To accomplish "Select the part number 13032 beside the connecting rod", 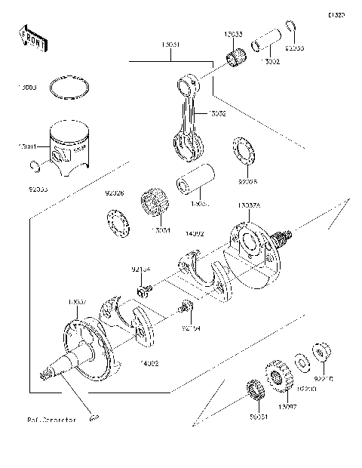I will point(216,113).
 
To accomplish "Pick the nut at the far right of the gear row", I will point(321,351).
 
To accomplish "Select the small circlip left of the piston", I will point(31,165).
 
